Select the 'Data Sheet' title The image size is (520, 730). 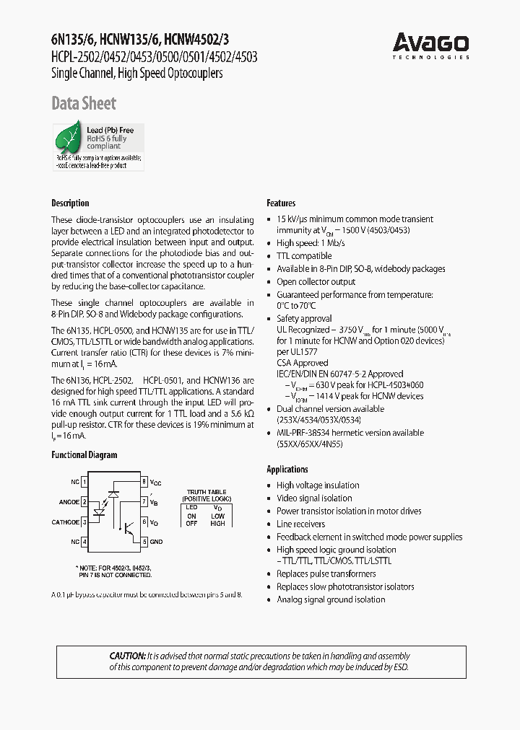(x=84, y=104)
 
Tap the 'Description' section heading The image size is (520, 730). (x=70, y=203)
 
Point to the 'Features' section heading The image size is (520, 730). (x=281, y=203)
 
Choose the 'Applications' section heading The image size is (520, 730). (x=287, y=470)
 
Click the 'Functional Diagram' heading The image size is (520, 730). (x=84, y=455)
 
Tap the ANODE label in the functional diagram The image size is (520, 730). (x=69, y=502)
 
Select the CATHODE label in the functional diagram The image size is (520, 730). (x=66, y=522)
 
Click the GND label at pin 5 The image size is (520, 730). (x=157, y=542)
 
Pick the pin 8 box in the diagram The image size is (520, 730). (x=144, y=481)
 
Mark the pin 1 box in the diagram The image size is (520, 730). (x=84, y=481)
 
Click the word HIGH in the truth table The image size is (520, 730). (x=217, y=524)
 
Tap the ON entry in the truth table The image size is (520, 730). (x=191, y=516)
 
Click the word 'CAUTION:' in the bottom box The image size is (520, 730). (x=127, y=656)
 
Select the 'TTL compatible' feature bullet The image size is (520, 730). (x=304, y=256)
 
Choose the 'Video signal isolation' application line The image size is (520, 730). (x=314, y=498)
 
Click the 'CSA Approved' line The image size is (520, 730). (x=302, y=364)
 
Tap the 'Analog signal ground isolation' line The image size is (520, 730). (x=331, y=599)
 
